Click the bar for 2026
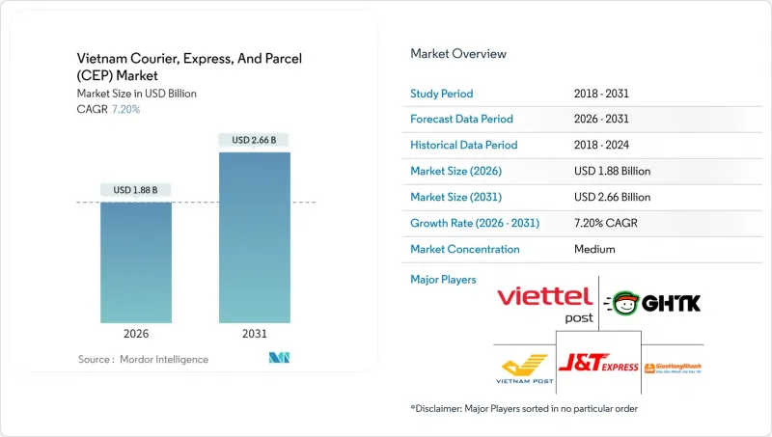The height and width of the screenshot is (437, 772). point(136,261)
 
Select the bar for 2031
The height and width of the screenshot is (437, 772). point(255,236)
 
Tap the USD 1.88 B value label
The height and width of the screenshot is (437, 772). point(136,189)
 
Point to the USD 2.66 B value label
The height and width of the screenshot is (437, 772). point(255,140)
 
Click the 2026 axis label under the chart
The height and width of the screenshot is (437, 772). point(136,334)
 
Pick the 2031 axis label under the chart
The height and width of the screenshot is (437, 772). point(255,334)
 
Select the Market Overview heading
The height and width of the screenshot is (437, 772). point(458,54)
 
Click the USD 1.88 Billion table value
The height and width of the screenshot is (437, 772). point(612,172)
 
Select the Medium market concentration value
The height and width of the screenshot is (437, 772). point(593,249)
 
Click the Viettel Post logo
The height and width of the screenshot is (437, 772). point(544,304)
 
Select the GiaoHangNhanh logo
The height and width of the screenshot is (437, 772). point(672,368)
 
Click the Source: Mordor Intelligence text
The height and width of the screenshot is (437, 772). point(143,360)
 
